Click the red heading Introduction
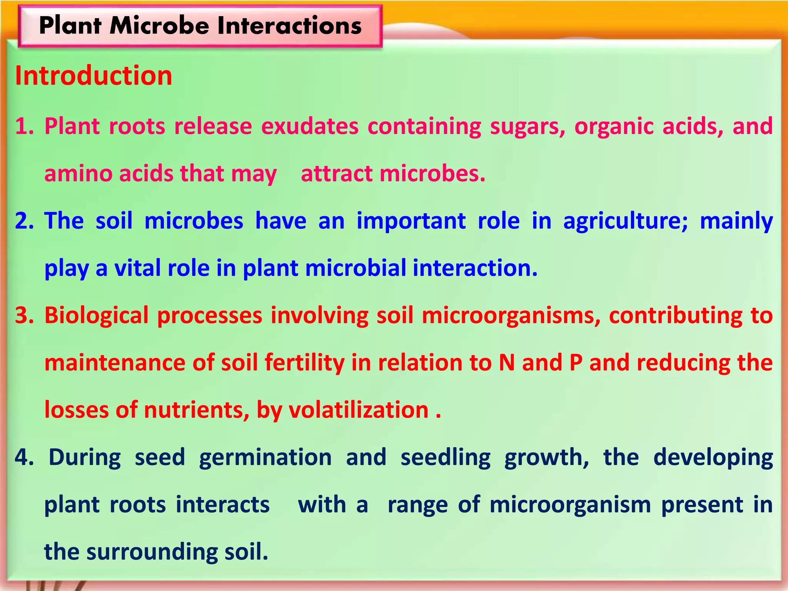pyautogui.click(x=93, y=75)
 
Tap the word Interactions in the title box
pyautogui.click(x=289, y=26)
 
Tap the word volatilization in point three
pyautogui.click(x=359, y=410)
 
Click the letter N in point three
pyautogui.click(x=507, y=363)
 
